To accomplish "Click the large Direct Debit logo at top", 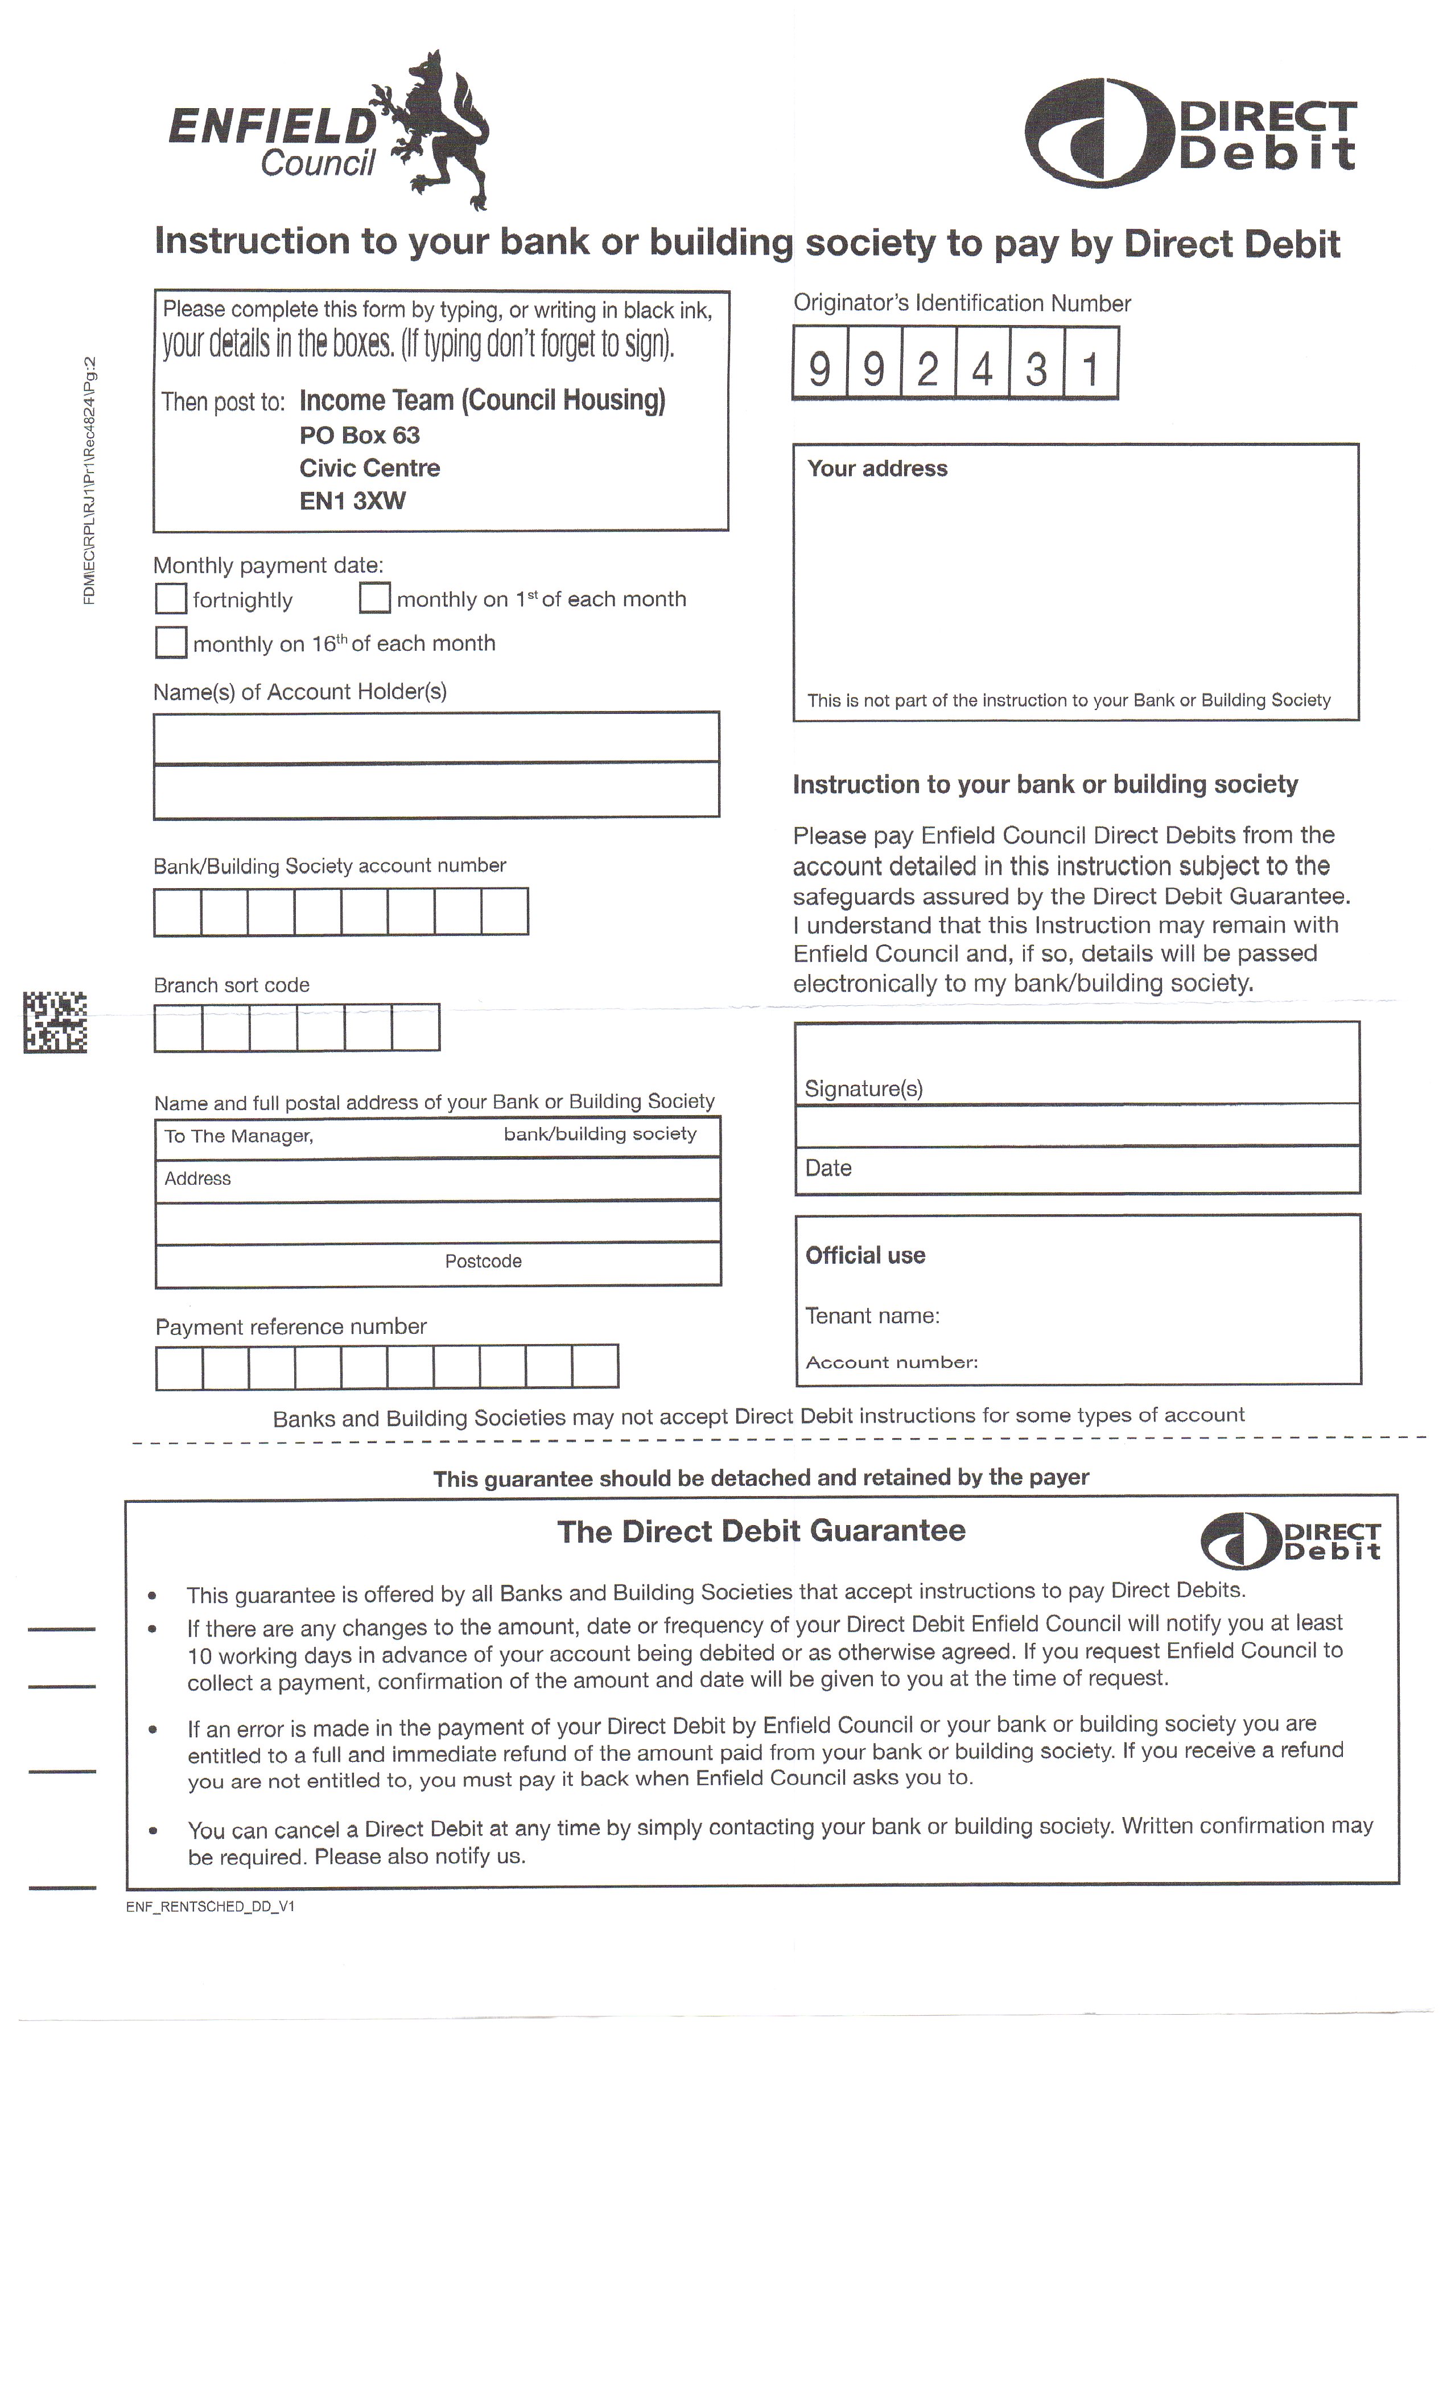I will (x=1189, y=134).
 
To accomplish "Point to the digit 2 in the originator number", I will (x=928, y=369).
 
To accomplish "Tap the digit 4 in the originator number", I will (x=982, y=369).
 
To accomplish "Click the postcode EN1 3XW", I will (x=352, y=501).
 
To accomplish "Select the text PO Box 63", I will (x=359, y=435).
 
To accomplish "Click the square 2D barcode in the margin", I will (x=55, y=1022).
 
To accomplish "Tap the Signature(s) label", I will (x=863, y=1088).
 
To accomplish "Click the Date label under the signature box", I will (x=828, y=1168).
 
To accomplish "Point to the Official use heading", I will (x=865, y=1256).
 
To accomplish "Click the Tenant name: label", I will (x=872, y=1316).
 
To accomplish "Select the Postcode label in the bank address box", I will (x=483, y=1262).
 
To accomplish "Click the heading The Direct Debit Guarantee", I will (x=761, y=1531).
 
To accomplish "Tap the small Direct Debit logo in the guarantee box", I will (x=1290, y=1541).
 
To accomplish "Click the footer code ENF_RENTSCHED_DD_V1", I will (x=211, y=1907).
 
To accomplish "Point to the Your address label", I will (x=877, y=469).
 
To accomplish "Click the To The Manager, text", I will (x=238, y=1136).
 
